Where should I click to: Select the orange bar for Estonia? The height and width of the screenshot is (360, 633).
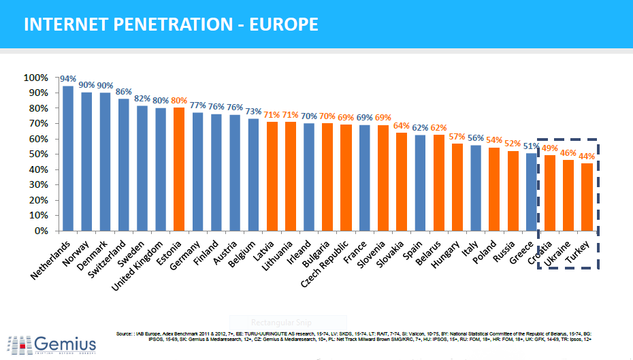click(x=179, y=169)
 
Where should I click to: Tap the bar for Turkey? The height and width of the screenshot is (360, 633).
click(x=586, y=197)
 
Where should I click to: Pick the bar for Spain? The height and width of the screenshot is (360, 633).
click(x=420, y=183)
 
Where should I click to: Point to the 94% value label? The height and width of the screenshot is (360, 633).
click(x=68, y=79)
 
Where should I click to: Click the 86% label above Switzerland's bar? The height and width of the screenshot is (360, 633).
click(x=123, y=91)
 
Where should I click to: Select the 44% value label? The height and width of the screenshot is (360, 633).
click(x=587, y=156)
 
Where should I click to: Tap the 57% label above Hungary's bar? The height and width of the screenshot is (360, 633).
click(x=457, y=136)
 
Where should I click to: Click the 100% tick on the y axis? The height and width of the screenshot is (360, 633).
click(x=35, y=78)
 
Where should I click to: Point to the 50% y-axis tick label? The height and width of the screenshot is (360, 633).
click(x=37, y=154)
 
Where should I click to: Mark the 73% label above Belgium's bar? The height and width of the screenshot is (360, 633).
click(x=253, y=112)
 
